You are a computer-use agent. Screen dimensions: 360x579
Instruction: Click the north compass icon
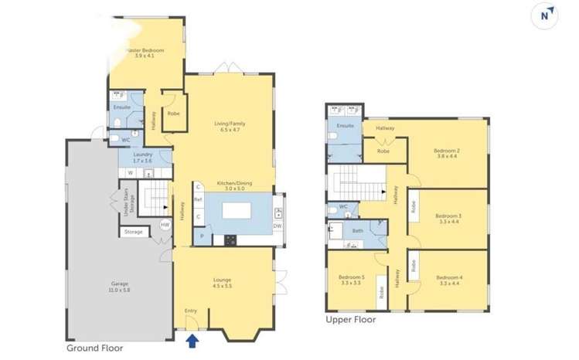click(549, 15)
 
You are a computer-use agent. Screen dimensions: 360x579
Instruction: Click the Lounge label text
click(223, 282)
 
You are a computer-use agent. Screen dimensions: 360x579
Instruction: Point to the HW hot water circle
click(164, 225)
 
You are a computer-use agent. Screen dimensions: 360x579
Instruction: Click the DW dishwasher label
click(277, 225)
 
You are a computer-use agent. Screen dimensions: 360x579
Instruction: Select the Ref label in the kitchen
click(199, 200)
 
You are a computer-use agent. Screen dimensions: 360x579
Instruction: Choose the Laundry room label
click(142, 157)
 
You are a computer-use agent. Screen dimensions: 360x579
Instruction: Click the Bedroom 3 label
click(448, 218)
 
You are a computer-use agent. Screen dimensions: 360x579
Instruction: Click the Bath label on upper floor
click(358, 230)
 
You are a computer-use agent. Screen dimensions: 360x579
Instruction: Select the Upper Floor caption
click(351, 318)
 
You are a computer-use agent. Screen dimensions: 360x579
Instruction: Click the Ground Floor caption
click(95, 348)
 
